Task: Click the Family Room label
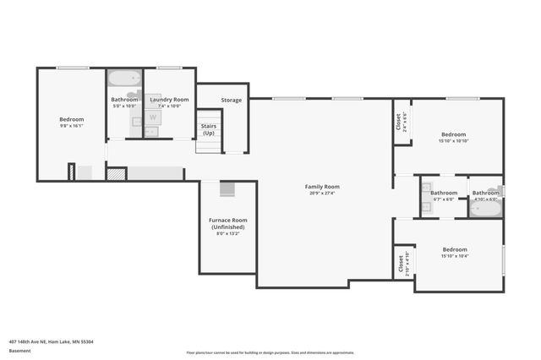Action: click(322, 186)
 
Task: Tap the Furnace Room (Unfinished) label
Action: click(227, 224)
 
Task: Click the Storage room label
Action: click(232, 100)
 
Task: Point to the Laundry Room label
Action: click(169, 100)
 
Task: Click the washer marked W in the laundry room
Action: click(153, 117)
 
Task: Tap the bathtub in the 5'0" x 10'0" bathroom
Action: click(125, 79)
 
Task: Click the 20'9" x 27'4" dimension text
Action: click(322, 193)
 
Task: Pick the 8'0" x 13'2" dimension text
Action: click(227, 234)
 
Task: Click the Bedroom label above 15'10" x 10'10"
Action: click(454, 134)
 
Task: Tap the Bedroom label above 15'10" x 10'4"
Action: click(455, 249)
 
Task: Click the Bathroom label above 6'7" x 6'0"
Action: click(444, 193)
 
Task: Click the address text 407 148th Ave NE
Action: click(51, 341)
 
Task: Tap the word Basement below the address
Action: click(19, 351)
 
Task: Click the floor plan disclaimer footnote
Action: click(270, 352)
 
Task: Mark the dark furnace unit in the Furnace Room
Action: click(227, 189)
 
